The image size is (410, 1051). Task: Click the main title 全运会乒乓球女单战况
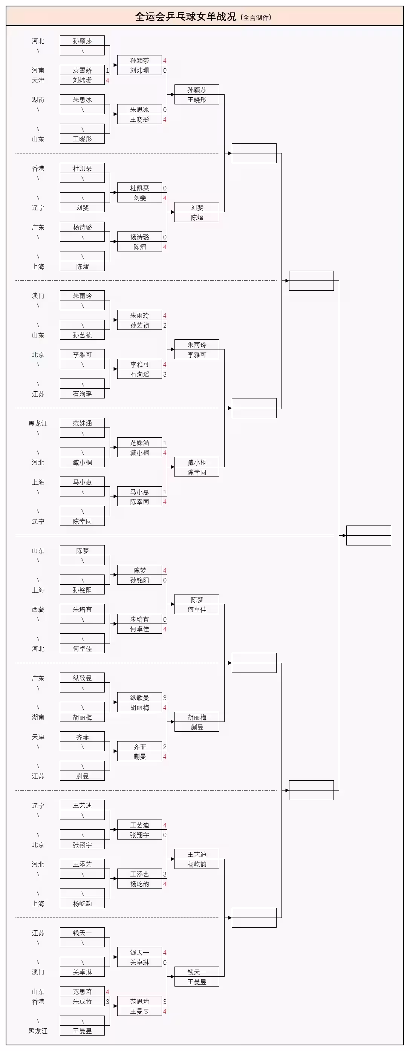186,17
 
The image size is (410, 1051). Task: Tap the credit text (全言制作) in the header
256,18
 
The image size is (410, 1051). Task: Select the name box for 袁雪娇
83,70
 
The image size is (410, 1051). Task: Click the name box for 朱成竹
83,1001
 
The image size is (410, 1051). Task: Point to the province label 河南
38,70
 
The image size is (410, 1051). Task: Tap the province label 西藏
38,609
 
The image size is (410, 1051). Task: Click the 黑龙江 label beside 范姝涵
38,423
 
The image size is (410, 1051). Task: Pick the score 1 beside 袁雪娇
107,70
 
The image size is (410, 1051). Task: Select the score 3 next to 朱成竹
107,1001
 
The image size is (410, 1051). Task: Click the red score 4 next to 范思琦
107,991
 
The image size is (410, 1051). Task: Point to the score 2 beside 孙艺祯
165,325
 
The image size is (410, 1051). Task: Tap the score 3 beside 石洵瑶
165,374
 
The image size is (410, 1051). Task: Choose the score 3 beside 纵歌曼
165,698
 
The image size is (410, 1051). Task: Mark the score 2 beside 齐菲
165,747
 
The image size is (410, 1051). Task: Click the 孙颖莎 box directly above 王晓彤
197,90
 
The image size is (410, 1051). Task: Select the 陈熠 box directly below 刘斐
197,218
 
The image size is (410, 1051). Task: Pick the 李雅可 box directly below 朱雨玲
197,355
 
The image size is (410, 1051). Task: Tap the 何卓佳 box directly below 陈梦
197,609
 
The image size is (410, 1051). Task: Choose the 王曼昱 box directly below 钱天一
197,982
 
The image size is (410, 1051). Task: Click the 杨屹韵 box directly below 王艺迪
197,864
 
